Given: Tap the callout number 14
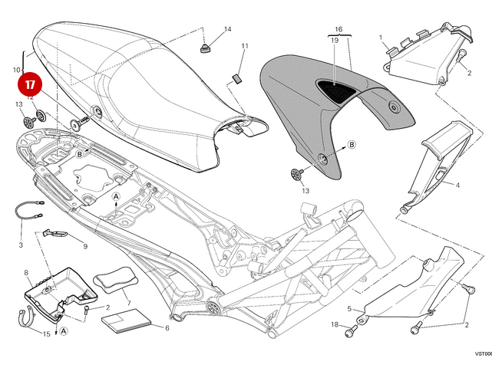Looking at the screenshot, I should tap(226, 29).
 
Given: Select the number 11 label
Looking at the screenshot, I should tap(244, 47).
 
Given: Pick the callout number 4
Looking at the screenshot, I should tap(457, 186).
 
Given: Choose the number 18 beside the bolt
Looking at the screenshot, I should tap(335, 325).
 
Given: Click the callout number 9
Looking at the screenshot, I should tap(84, 246).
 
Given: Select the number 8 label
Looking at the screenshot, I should tap(26, 272).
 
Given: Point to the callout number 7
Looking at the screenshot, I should tap(129, 304).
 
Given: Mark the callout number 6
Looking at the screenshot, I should tap(166, 329).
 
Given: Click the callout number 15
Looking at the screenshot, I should tap(46, 334).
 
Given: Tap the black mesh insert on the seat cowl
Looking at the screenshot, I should tap(338, 90).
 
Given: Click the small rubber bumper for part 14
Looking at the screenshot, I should tap(206, 49).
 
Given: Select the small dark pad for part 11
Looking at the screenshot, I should tap(237, 77).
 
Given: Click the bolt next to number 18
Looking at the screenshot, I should tap(352, 332).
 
